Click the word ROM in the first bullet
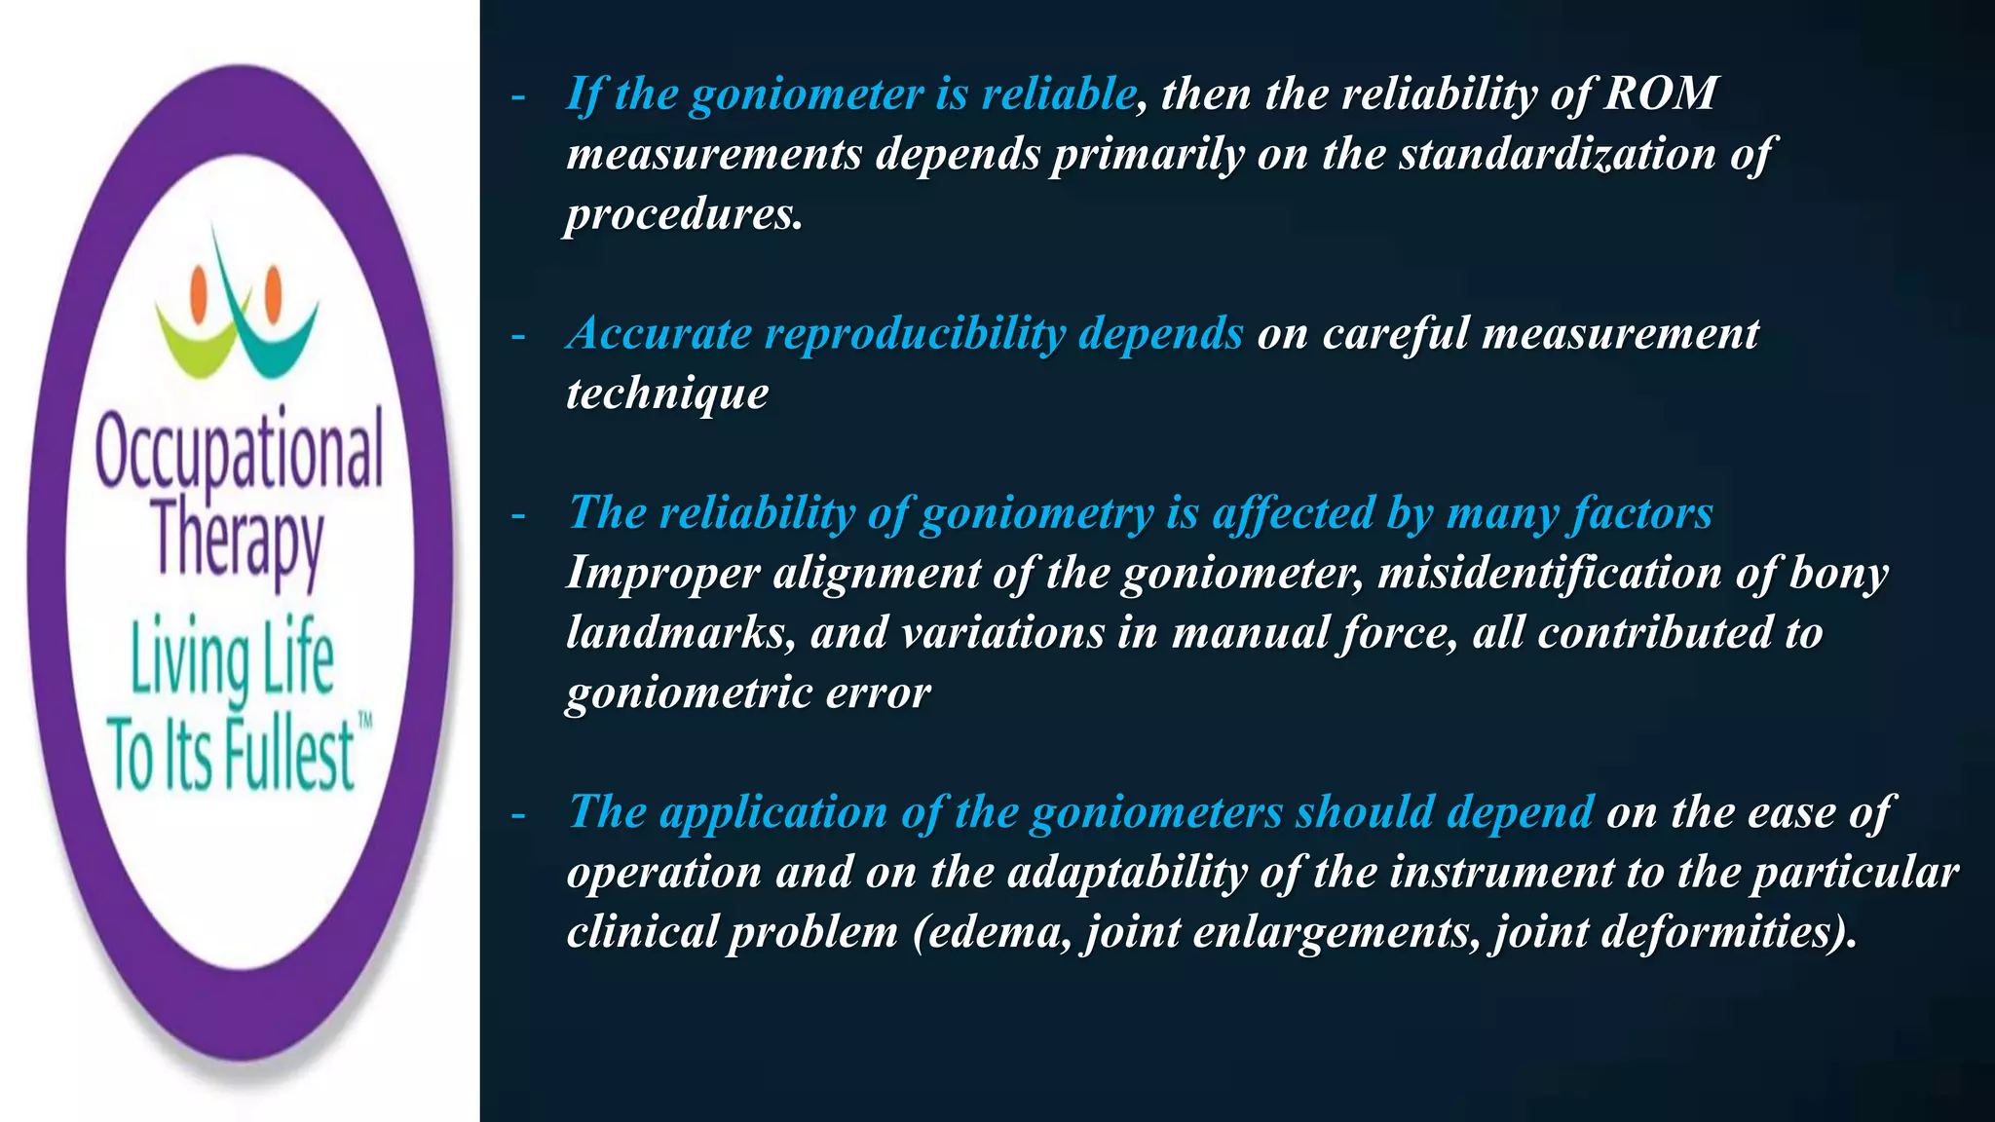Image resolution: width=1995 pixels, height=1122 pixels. (x=1661, y=94)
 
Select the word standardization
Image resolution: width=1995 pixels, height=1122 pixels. (x=1557, y=155)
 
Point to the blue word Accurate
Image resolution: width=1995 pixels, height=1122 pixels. (x=659, y=334)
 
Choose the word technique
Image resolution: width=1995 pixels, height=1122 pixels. (x=667, y=394)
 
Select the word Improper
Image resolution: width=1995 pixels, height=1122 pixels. (x=662, y=574)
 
